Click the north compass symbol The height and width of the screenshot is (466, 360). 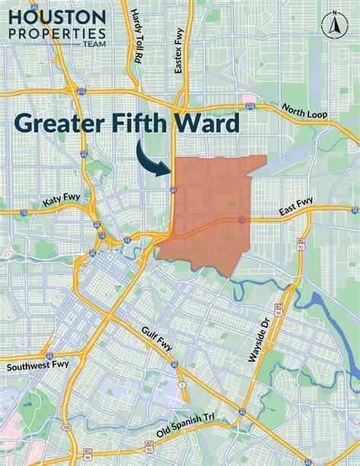(x=331, y=24)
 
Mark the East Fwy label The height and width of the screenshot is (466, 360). (x=296, y=202)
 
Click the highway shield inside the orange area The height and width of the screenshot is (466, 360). (x=242, y=220)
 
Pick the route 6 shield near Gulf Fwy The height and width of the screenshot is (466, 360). (x=181, y=385)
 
